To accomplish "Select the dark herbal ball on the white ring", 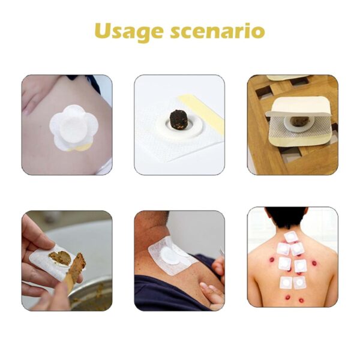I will pyautogui.click(x=179, y=118).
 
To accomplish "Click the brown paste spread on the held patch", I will pyautogui.click(x=59, y=258).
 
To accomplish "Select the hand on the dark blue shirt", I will pyautogui.click(x=212, y=294).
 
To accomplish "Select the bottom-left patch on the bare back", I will pyautogui.click(x=285, y=281).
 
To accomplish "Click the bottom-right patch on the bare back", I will pyautogui.click(x=300, y=283).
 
